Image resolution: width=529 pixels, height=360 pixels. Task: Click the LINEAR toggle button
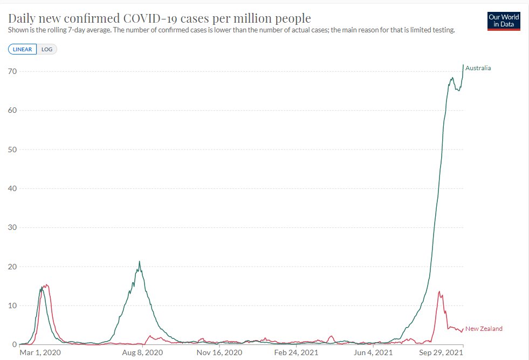tap(22, 49)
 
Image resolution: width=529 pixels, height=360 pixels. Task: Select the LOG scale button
tap(47, 49)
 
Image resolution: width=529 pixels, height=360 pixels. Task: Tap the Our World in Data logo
tap(504, 21)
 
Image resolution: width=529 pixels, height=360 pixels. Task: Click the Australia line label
tap(478, 68)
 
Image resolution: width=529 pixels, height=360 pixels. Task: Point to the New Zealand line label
tap(484, 329)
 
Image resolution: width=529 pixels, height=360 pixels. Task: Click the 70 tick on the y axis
tap(12, 71)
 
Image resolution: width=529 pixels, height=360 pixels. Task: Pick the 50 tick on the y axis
tap(12, 150)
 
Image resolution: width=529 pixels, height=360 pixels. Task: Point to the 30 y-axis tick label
tap(12, 227)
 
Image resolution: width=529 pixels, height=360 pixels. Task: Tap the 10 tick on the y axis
tap(12, 305)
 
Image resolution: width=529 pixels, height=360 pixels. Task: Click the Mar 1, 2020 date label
tap(40, 352)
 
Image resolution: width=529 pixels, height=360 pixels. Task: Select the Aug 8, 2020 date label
tap(142, 352)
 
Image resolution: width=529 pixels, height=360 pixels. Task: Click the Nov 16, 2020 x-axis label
tap(219, 352)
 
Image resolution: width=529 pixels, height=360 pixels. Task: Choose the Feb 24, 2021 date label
tap(296, 352)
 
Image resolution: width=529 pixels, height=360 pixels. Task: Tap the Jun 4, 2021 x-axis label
tap(373, 352)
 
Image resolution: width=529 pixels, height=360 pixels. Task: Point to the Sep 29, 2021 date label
tap(441, 352)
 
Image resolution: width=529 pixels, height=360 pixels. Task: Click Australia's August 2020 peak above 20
tap(139, 261)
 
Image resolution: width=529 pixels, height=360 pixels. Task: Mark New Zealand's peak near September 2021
tap(439, 292)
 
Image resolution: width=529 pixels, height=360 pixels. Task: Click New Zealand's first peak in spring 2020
tap(46, 285)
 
